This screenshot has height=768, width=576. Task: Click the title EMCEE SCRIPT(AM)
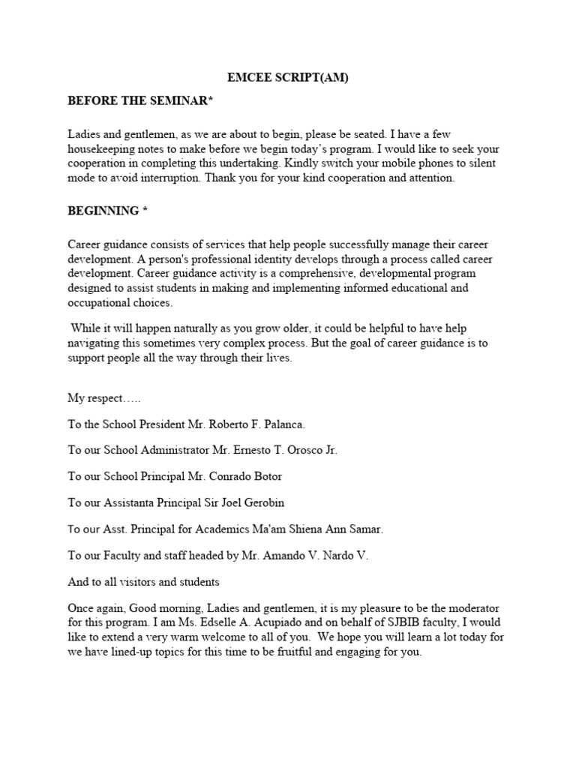[x=288, y=77]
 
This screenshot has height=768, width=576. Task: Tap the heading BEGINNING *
[x=108, y=211]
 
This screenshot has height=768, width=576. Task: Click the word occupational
[x=97, y=302]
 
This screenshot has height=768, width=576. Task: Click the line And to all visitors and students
[x=143, y=581]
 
